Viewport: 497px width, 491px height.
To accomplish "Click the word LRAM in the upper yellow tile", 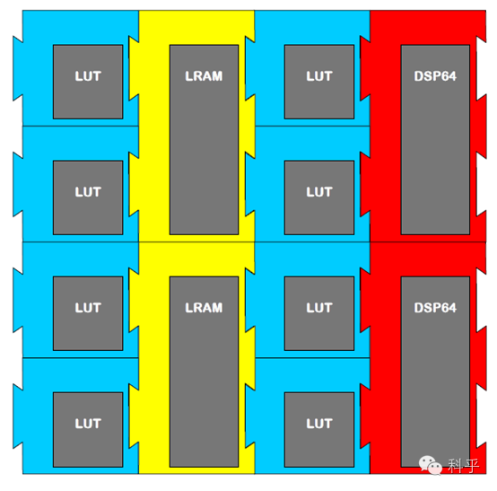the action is coord(204,76).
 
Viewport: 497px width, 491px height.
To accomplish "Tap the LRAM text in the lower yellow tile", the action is coord(204,308).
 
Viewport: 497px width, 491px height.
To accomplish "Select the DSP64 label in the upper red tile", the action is coord(435,76).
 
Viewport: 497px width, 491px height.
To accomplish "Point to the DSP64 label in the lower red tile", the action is coord(435,308).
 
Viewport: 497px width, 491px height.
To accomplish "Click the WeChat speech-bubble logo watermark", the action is coord(431,465).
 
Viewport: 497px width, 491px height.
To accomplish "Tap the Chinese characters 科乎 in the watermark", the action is coord(463,466).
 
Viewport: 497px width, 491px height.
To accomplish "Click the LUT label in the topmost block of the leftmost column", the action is coord(88,76).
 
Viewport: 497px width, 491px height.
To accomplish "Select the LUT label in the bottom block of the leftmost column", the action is coord(88,424).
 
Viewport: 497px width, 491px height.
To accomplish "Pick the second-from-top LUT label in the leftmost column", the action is coord(88,192).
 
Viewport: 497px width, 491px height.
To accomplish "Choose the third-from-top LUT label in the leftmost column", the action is coord(88,308).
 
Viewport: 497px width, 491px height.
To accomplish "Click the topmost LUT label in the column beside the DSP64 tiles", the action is coord(319,76).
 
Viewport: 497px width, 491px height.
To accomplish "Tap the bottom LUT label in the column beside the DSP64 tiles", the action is coord(319,424).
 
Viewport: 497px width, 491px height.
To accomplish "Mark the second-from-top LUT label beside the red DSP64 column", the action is coord(319,192).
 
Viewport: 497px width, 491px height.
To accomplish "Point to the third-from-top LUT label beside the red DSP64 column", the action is coord(319,308).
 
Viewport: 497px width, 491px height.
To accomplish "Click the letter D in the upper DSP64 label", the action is coord(419,76).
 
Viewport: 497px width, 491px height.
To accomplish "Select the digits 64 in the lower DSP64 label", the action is coord(449,308).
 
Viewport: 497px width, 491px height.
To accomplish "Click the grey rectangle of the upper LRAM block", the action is coord(205,139).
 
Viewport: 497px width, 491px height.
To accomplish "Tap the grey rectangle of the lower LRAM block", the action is coord(205,372).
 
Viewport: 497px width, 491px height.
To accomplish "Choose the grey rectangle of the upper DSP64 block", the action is coord(435,139).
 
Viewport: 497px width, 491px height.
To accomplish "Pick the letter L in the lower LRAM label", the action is coord(189,308).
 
